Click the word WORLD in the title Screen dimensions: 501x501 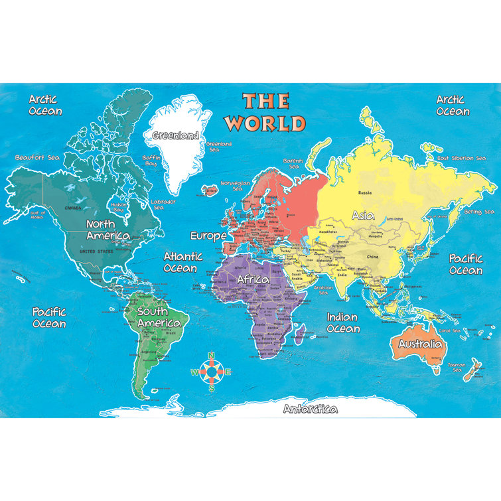[x=265, y=123]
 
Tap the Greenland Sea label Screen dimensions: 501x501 [x=218, y=147]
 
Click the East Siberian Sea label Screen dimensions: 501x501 [x=465, y=158]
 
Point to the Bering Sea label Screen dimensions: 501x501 [x=479, y=212]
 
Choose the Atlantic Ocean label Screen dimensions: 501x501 [x=180, y=262]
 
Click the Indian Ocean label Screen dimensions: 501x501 [x=343, y=322]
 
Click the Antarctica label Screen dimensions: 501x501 [x=310, y=409]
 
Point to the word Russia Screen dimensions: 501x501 [x=364, y=193]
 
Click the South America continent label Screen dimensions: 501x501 [x=158, y=317]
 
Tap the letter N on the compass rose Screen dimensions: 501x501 [x=212, y=356]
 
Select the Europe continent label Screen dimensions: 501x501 [x=208, y=236]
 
